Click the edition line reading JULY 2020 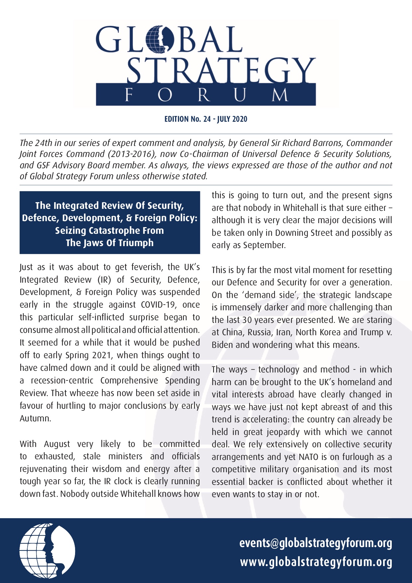click(232, 119)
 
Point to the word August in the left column click(57, 444)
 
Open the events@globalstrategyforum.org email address click(316, 543)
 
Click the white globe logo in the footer click(47, 551)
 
